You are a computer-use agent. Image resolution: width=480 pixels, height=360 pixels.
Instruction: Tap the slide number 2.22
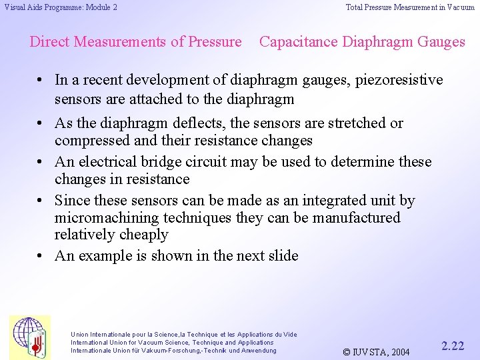(453, 345)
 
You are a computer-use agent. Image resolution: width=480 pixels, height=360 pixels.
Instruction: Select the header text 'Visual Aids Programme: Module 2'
(61, 7)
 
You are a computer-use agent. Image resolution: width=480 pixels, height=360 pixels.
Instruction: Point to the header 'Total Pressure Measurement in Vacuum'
(410, 7)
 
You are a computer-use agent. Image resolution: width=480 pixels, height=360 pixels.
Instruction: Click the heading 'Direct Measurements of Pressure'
(135, 42)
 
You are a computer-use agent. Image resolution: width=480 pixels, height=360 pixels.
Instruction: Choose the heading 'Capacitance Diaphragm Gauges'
(362, 42)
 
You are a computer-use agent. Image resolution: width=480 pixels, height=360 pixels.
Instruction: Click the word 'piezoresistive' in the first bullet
(399, 80)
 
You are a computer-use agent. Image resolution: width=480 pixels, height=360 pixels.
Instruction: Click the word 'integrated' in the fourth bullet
(335, 201)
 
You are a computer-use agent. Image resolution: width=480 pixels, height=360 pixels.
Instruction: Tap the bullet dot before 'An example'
(41, 256)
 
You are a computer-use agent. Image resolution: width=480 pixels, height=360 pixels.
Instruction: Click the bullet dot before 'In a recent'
(41, 80)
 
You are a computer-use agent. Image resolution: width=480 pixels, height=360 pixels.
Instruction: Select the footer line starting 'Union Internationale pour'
(184, 334)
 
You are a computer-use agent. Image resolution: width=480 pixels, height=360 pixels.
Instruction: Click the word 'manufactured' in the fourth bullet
(358, 218)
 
